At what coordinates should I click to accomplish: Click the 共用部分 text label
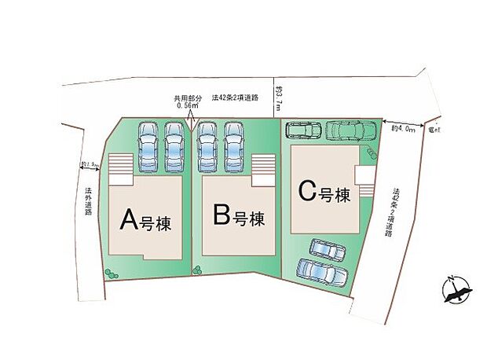coord(189,98)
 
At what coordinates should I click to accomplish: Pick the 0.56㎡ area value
coord(189,105)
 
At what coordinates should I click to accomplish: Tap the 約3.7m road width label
coord(278,99)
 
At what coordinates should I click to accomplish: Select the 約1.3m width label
coord(88,164)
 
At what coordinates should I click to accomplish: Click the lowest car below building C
coord(322,272)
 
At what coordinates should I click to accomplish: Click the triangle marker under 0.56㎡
coord(190,122)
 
